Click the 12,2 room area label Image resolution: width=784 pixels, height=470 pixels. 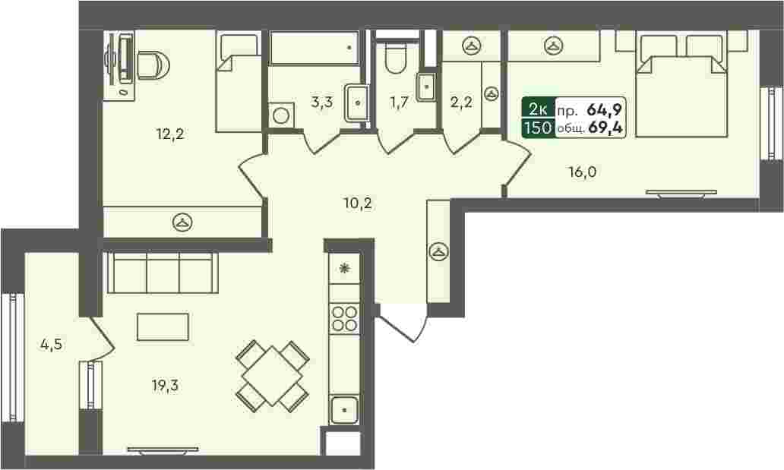click(170, 134)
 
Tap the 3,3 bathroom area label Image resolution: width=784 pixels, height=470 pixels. click(322, 103)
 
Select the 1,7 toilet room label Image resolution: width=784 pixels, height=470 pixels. click(400, 103)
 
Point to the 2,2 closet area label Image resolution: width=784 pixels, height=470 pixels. click(461, 103)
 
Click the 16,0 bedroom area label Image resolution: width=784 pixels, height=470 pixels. click(582, 172)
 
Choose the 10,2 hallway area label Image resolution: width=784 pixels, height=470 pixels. click(358, 203)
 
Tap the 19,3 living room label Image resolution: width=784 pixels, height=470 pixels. click(165, 386)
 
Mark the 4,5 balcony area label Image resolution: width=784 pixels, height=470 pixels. click(52, 344)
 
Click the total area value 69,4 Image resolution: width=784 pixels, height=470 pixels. click(605, 128)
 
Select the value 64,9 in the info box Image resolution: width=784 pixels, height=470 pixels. click(605, 109)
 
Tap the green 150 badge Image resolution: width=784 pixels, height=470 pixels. click(539, 128)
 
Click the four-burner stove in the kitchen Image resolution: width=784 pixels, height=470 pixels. click(344, 318)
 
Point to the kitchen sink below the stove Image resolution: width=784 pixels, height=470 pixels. click(344, 409)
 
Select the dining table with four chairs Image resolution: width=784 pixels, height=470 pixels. click(273, 376)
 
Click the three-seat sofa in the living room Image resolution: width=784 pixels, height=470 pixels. click(163, 272)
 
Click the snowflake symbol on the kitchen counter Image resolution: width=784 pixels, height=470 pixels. click(344, 269)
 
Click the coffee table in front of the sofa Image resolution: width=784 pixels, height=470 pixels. click(163, 327)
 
